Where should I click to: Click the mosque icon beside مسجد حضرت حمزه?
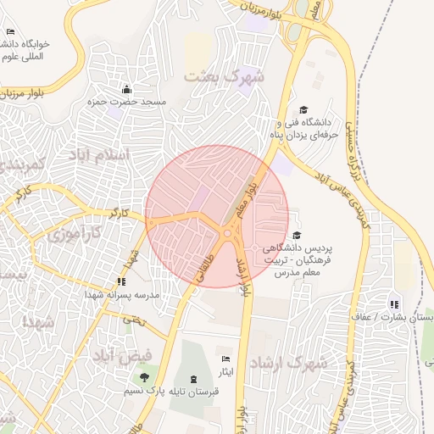click(x=126, y=88)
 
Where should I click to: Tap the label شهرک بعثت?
click(x=225, y=76)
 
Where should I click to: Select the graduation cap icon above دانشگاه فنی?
click(x=303, y=109)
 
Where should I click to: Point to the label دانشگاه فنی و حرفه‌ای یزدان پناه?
click(x=303, y=129)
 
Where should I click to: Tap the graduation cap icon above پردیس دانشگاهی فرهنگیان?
click(x=296, y=235)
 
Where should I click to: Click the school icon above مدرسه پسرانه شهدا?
click(x=122, y=281)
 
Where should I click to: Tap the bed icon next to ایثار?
click(x=225, y=359)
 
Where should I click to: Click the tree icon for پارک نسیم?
click(x=144, y=377)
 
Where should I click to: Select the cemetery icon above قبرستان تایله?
click(x=196, y=377)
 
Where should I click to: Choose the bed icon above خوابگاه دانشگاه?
click(x=10, y=31)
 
